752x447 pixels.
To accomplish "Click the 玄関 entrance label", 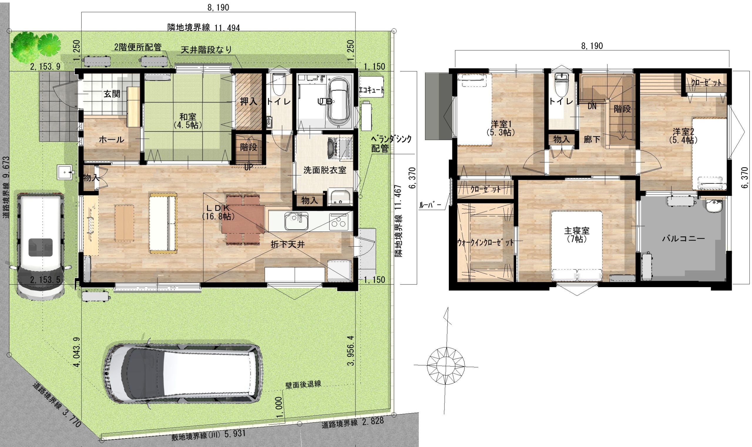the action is (x=112, y=94).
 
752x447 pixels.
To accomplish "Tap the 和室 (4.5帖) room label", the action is (x=188, y=120).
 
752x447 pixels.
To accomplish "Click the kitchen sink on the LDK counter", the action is (x=296, y=221).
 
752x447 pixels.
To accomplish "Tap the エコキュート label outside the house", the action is (x=372, y=90).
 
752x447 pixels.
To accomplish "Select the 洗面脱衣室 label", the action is (x=325, y=170).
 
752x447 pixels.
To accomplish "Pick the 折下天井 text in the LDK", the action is (x=288, y=245).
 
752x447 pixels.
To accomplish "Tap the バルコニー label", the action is (x=683, y=239).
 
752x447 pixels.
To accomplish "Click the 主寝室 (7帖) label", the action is (x=577, y=235).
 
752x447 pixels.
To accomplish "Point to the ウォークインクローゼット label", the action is (x=486, y=242).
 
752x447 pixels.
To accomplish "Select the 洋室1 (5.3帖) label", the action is (x=501, y=128).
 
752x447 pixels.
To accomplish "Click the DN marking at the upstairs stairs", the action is (x=592, y=106).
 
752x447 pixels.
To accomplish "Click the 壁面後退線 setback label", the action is (x=303, y=384).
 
